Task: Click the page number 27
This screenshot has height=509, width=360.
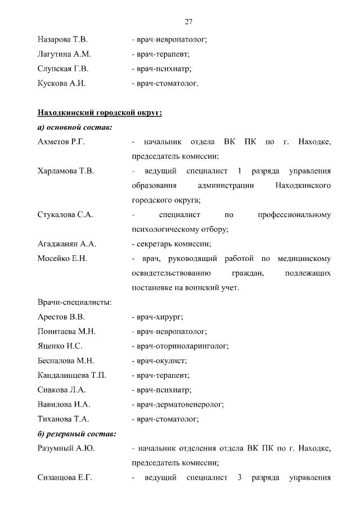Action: pos(188,21)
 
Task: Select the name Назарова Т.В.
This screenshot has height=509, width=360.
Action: pos(62,40)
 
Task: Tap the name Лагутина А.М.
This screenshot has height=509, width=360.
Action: pos(64,55)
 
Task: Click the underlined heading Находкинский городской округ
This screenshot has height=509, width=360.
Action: pos(100,113)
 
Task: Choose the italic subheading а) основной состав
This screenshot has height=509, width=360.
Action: pos(74,128)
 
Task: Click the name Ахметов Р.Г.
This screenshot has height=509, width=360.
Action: pos(61,142)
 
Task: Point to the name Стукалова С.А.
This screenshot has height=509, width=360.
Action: pos(65,215)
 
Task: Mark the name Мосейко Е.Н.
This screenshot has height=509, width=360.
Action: pos(62,259)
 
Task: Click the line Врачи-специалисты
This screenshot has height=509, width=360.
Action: pos(74,303)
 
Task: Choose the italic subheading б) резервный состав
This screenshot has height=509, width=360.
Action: pos(76,434)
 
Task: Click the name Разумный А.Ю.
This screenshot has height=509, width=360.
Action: pos(64,449)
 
